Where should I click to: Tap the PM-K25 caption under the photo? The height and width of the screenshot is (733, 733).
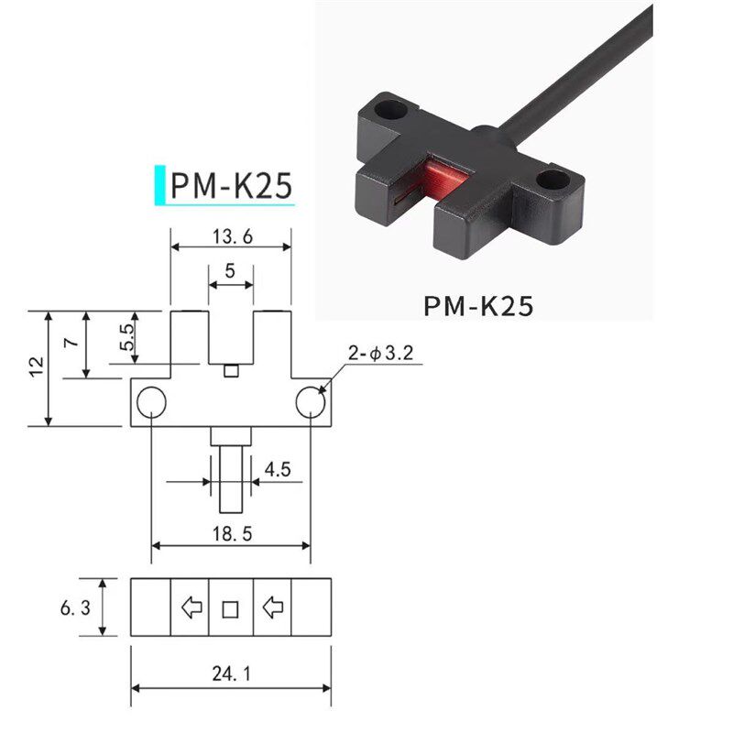click(x=477, y=305)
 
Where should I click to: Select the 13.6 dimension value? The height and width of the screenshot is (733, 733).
click(x=230, y=236)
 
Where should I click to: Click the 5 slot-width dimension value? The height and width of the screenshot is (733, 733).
click(x=230, y=271)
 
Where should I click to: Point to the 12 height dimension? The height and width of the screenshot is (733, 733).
click(x=36, y=366)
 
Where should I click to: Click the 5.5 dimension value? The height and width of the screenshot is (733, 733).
click(x=127, y=341)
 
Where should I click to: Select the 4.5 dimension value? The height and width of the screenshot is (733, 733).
click(x=277, y=470)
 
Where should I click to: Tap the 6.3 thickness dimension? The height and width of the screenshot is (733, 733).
click(x=77, y=607)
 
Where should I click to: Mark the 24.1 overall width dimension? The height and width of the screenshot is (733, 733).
click(x=230, y=674)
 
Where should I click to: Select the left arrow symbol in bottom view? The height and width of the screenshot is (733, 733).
click(x=191, y=607)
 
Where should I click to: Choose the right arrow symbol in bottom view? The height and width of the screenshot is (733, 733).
click(x=272, y=607)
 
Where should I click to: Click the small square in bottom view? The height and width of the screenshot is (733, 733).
click(x=230, y=607)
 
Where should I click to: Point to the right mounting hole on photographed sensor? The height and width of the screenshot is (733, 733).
click(x=552, y=180)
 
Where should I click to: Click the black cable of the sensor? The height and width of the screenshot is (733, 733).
click(x=586, y=73)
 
